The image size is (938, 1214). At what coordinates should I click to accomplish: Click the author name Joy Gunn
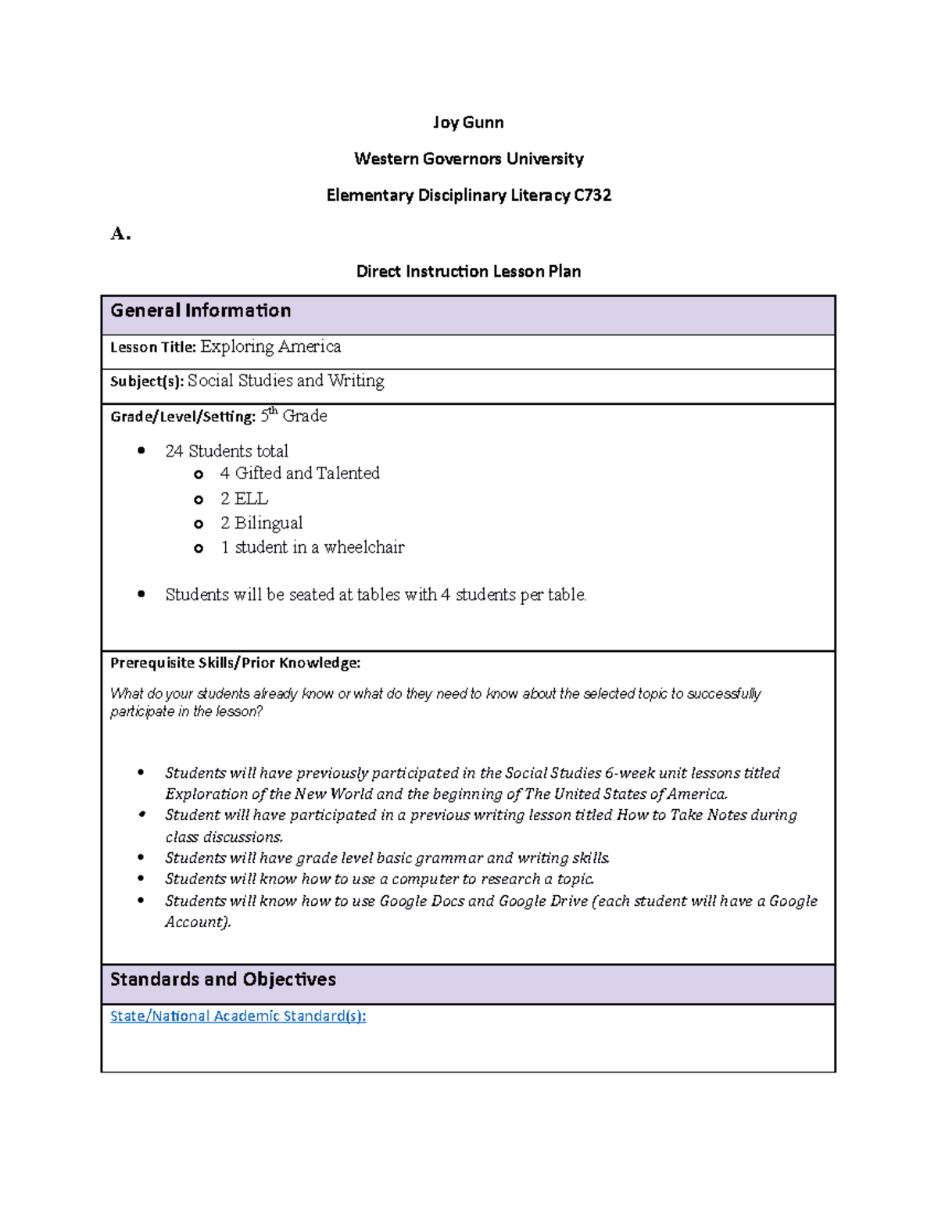pyautogui.click(x=468, y=123)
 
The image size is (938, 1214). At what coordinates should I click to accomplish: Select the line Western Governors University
pyautogui.click(x=468, y=159)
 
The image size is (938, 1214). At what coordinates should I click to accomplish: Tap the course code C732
pyautogui.click(x=592, y=195)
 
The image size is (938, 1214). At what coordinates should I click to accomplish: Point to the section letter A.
pyautogui.click(x=120, y=234)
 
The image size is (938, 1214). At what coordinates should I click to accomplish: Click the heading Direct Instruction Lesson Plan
pyautogui.click(x=468, y=271)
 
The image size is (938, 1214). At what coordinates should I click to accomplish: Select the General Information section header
pyautogui.click(x=200, y=311)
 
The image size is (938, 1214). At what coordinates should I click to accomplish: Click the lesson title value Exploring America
pyautogui.click(x=270, y=346)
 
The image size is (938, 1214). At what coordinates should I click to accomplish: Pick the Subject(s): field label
pyautogui.click(x=147, y=381)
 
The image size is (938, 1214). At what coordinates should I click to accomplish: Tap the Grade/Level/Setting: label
pyautogui.click(x=182, y=417)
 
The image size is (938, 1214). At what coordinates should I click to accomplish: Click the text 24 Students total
pyautogui.click(x=227, y=451)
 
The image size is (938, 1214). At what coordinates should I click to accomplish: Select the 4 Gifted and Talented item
pyautogui.click(x=299, y=474)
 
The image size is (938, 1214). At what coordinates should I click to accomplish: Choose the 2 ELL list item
pyautogui.click(x=244, y=499)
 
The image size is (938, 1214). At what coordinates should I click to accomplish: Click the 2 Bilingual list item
pyautogui.click(x=261, y=523)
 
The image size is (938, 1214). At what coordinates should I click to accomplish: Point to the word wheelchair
pyautogui.click(x=364, y=547)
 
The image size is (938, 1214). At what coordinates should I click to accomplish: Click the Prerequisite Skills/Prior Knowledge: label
pyautogui.click(x=234, y=663)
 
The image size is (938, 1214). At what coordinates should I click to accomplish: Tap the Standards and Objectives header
pyautogui.click(x=223, y=979)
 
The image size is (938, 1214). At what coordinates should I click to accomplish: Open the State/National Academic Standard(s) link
pyautogui.click(x=238, y=1016)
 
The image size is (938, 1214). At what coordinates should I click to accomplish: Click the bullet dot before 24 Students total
pyautogui.click(x=141, y=450)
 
